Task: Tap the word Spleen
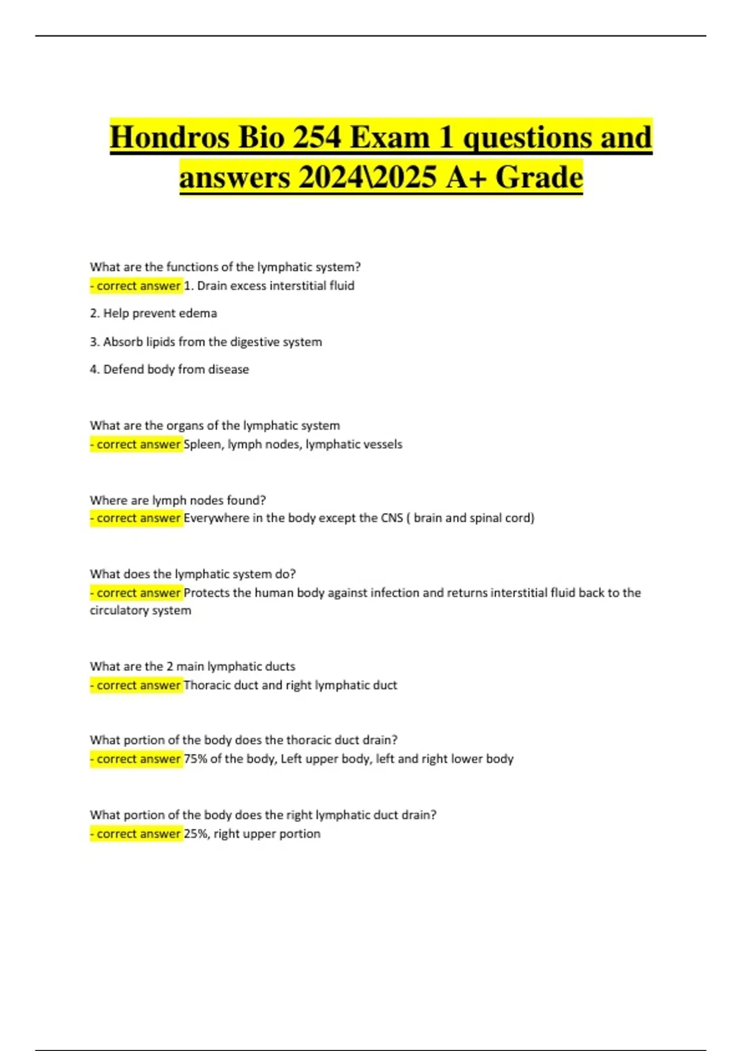point(203,445)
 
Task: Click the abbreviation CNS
point(391,518)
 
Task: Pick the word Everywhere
point(216,518)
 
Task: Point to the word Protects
point(207,593)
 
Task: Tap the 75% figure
point(195,759)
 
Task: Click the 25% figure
point(195,834)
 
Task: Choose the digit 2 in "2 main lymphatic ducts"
point(169,666)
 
